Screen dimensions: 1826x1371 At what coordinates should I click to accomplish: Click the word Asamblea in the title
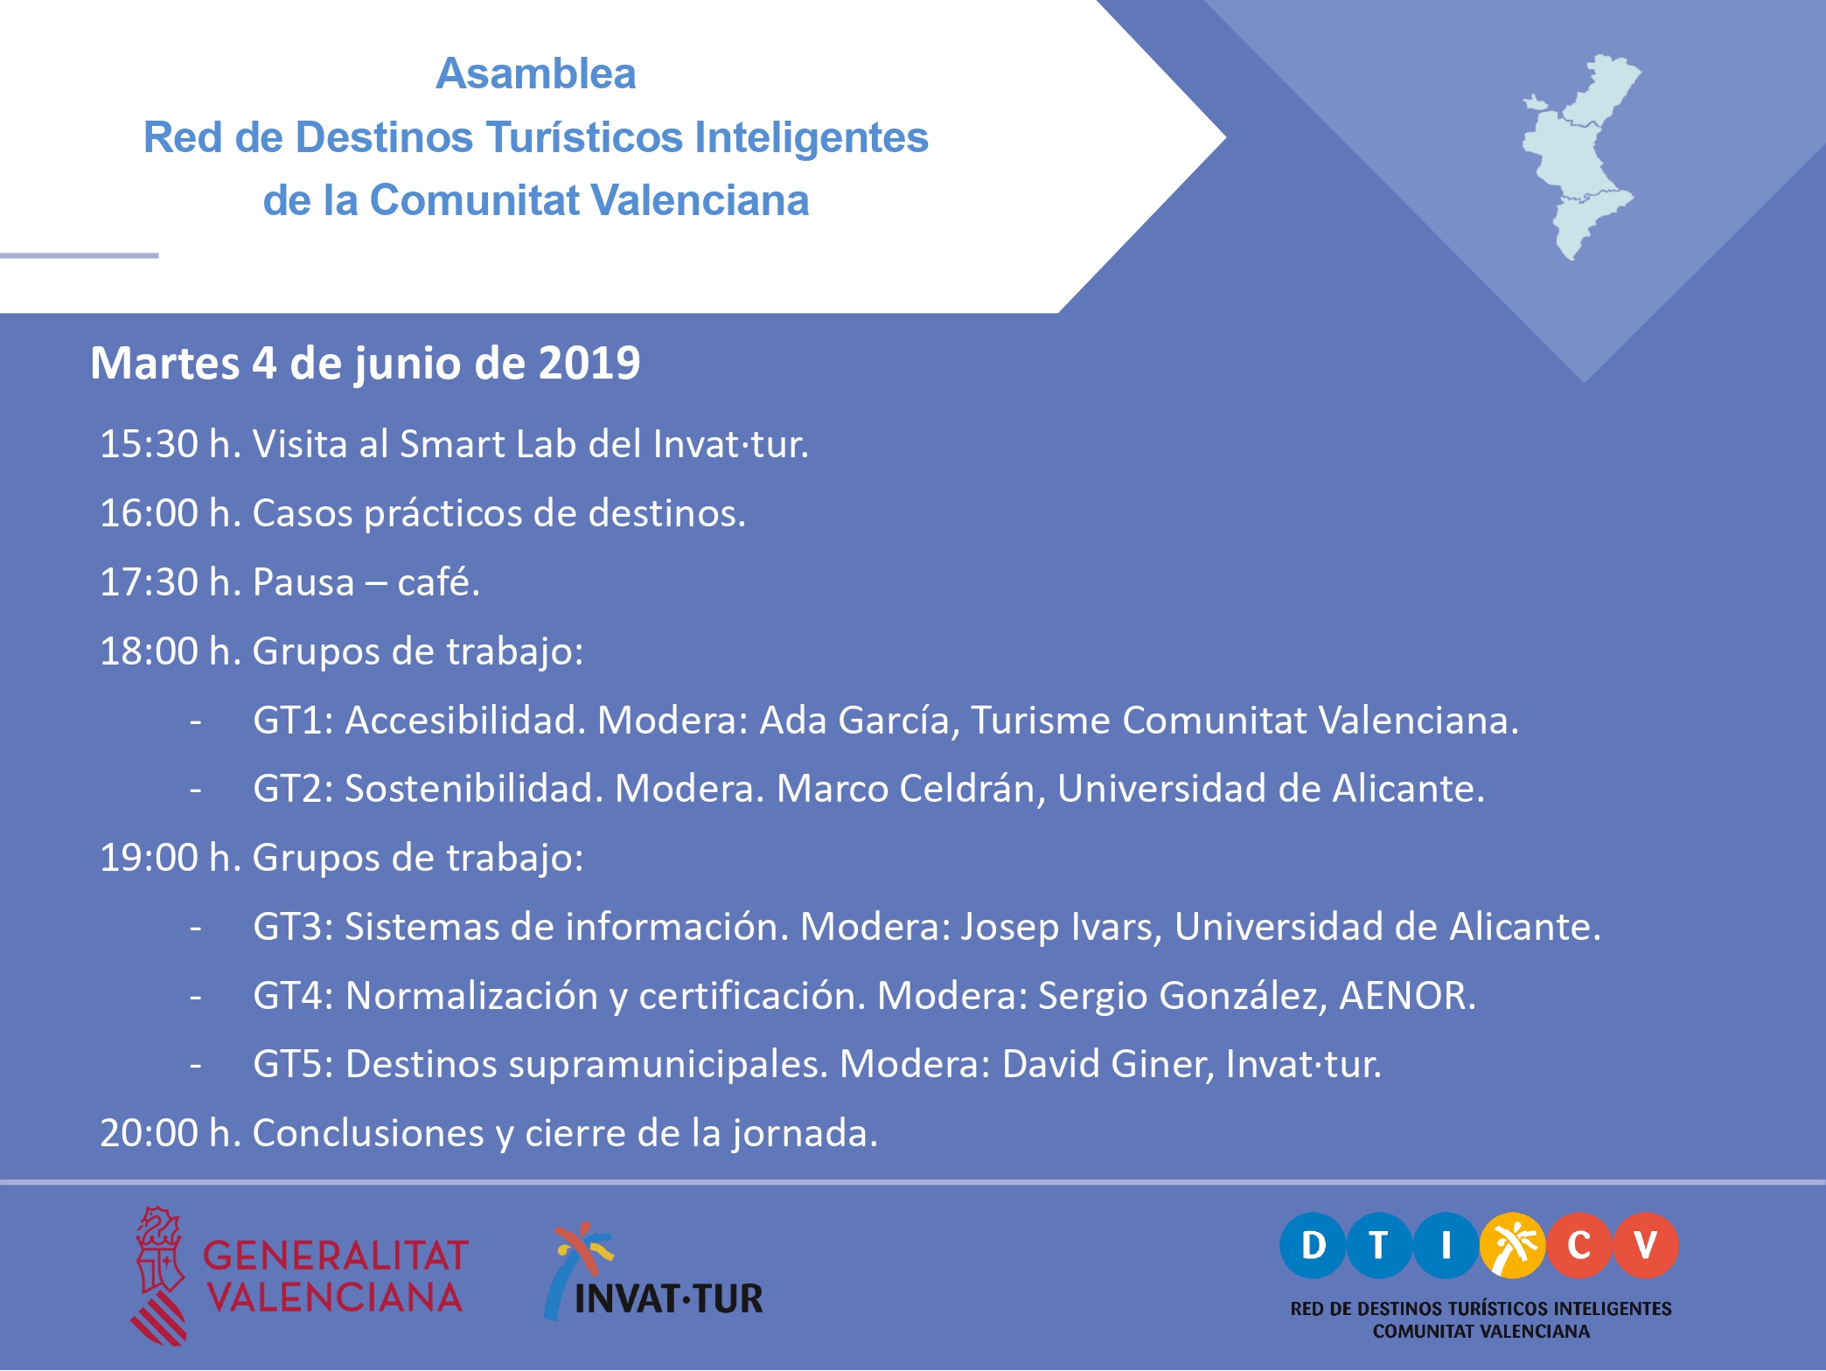pyautogui.click(x=536, y=73)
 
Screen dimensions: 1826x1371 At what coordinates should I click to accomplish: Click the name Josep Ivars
pyautogui.click(x=1062, y=927)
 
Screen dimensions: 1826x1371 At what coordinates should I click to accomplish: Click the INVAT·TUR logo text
pyautogui.click(x=669, y=1298)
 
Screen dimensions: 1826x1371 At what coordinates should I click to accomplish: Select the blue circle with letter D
pyautogui.click(x=1313, y=1245)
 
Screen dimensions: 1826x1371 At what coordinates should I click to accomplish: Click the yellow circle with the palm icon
pyautogui.click(x=1513, y=1245)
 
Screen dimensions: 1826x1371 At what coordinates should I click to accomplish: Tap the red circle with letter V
pyautogui.click(x=1646, y=1245)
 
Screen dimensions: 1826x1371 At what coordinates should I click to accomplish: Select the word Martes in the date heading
pyautogui.click(x=165, y=363)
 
